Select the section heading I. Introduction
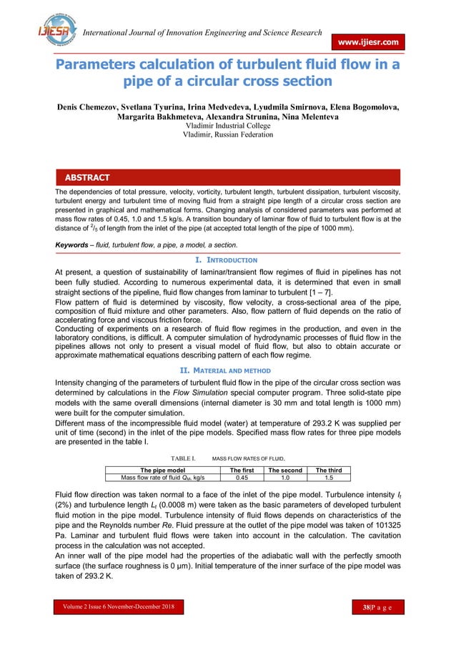point(227,260)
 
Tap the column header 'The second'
point(284,470)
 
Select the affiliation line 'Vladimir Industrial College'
point(227,126)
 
